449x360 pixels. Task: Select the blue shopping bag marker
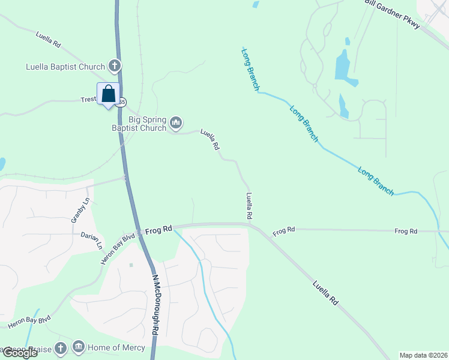pos(108,94)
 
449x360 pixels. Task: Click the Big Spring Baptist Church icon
pos(176,122)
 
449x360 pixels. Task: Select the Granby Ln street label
pos(81,210)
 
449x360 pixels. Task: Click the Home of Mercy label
pos(116,347)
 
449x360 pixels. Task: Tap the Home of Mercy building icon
pos(79,347)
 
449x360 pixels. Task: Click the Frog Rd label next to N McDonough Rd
pos(159,229)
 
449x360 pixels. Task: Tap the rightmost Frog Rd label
pos(406,231)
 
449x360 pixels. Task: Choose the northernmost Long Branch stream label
pos(251,70)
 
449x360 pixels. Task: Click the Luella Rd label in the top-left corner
pos(49,40)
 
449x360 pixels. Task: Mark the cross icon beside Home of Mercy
pos(60,347)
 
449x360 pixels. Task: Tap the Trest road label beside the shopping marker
pos(88,100)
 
